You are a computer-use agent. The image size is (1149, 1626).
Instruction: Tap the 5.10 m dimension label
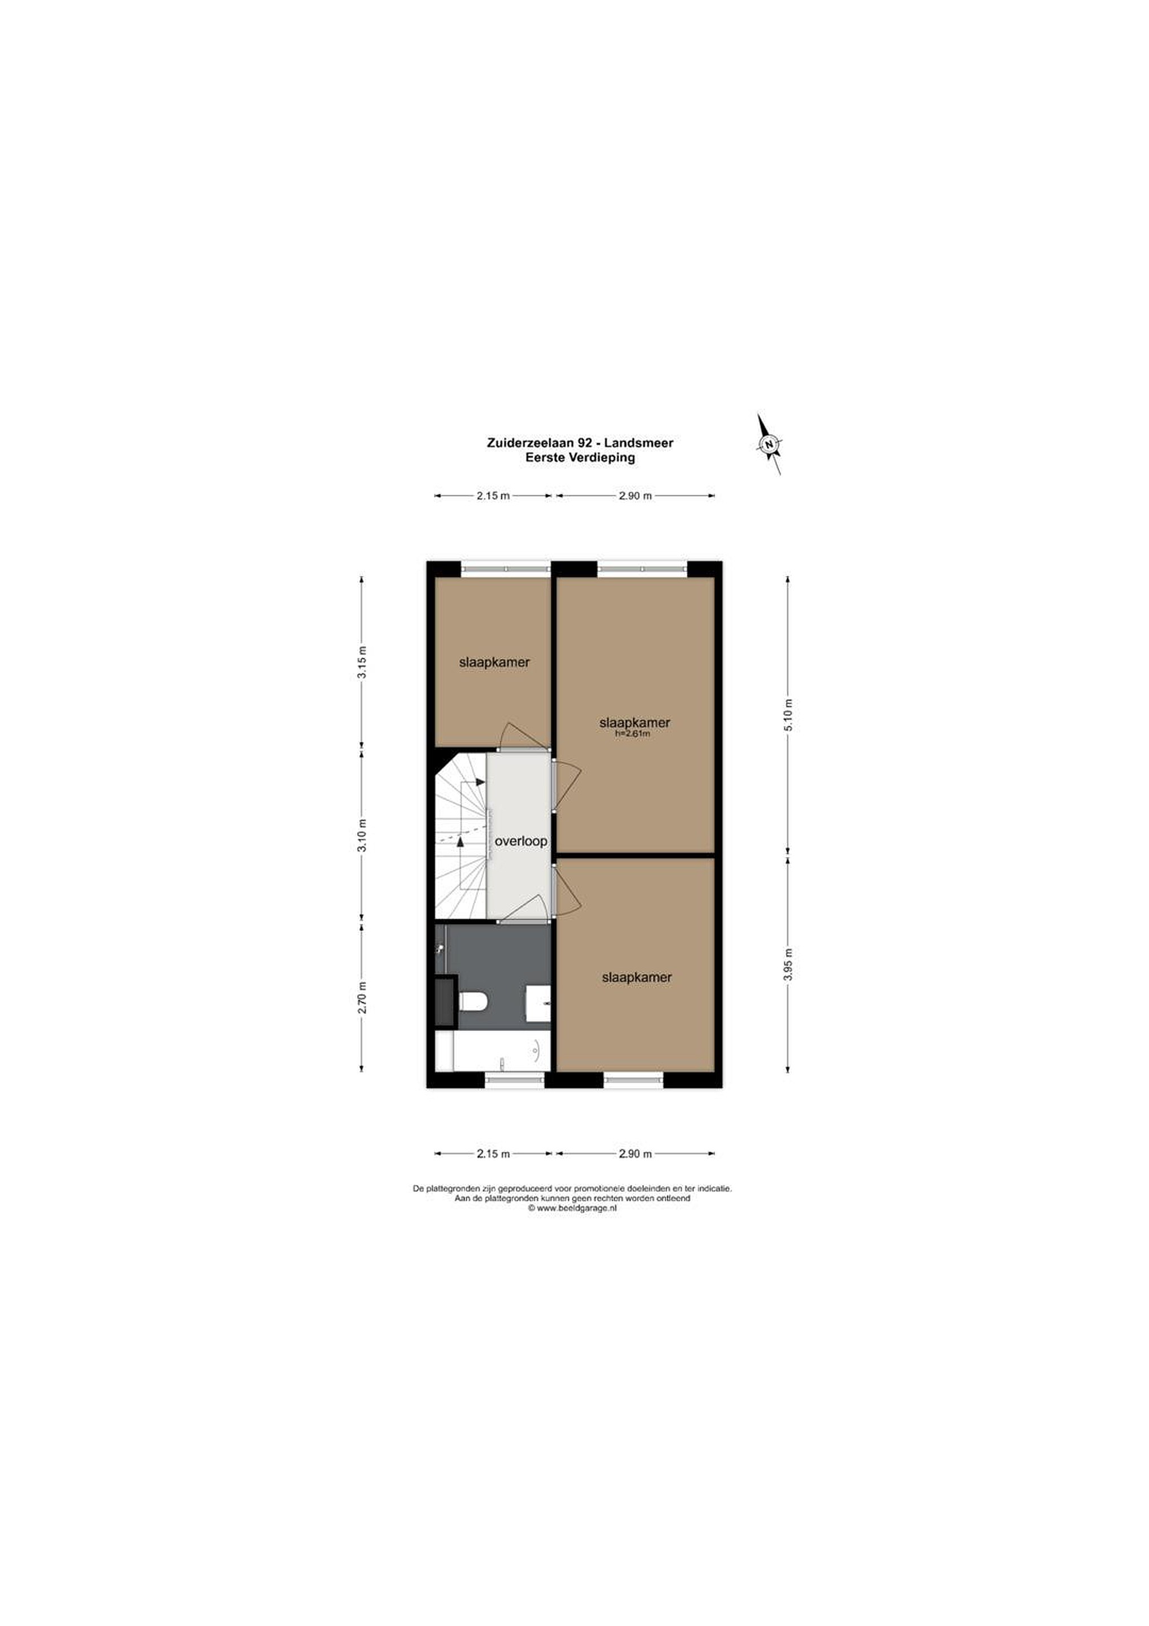click(788, 715)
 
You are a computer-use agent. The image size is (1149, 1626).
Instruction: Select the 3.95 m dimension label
click(788, 964)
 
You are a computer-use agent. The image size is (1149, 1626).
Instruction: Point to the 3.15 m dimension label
click(362, 662)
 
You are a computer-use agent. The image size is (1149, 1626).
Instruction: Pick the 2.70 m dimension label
click(362, 997)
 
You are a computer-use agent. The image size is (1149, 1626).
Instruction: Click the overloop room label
click(520, 841)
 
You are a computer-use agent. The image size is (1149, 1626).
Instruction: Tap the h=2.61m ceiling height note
click(632, 734)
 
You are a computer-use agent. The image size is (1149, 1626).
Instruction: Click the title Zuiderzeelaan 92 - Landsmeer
click(580, 443)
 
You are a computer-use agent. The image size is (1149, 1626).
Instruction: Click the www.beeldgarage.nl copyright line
click(572, 1209)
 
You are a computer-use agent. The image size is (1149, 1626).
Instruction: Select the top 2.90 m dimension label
click(635, 496)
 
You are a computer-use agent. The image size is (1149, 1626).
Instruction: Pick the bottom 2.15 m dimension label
click(493, 1153)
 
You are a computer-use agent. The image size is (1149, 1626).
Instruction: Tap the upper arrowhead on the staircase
click(480, 782)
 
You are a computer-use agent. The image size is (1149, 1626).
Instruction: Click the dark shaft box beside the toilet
click(446, 1002)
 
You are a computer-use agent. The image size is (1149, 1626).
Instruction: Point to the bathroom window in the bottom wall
click(515, 1080)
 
